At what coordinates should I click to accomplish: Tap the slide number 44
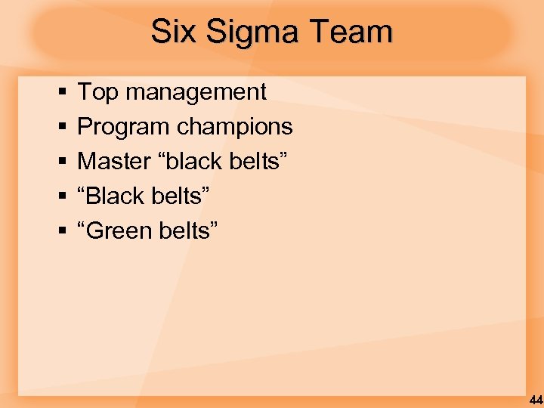[536, 400]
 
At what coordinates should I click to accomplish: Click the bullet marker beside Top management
[59, 93]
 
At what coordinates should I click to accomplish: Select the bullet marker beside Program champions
[59, 128]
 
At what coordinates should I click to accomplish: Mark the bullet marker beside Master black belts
[59, 162]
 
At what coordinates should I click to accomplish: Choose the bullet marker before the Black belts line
[59, 197]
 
